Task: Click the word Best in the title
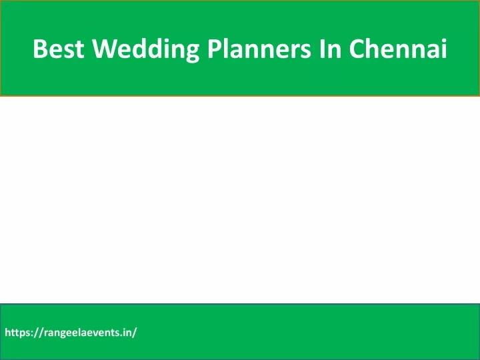(x=58, y=49)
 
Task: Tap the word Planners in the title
(x=259, y=49)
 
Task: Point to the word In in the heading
(x=330, y=49)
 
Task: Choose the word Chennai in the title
(x=398, y=48)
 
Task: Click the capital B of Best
(x=40, y=49)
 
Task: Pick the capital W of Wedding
(x=105, y=49)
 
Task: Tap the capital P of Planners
(x=214, y=49)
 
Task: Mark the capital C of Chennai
(x=356, y=49)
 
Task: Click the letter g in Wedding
(x=191, y=53)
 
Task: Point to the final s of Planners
(x=305, y=51)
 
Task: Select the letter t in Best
(x=79, y=49)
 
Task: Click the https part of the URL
(x=17, y=333)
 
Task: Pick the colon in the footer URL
(x=32, y=334)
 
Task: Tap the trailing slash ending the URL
(x=134, y=333)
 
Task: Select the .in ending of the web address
(x=126, y=333)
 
